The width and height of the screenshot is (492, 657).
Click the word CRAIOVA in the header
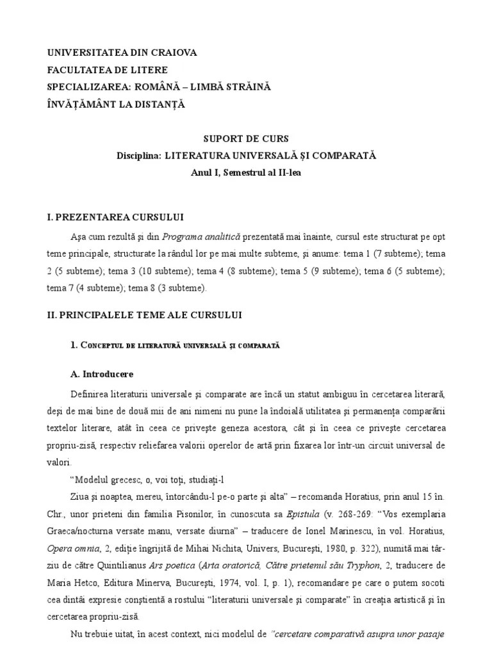pos(172,53)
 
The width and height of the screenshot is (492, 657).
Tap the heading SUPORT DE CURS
pos(246,139)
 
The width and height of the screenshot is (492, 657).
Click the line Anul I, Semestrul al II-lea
pos(245,173)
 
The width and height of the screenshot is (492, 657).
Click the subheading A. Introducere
pos(102,374)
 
